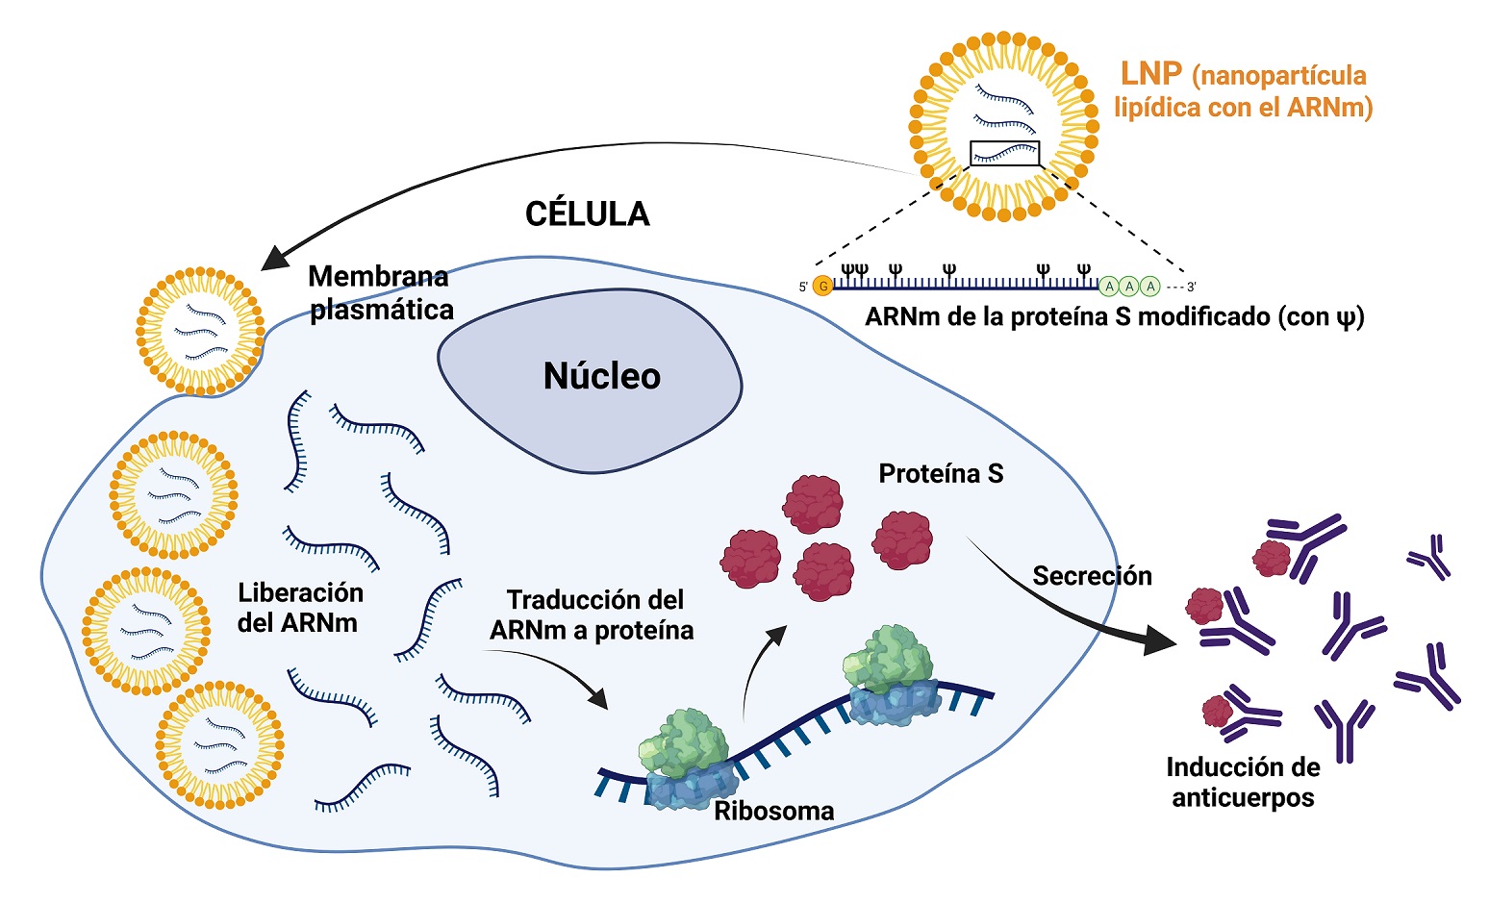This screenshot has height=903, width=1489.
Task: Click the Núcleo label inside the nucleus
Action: [x=602, y=376]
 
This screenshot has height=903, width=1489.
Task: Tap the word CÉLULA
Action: [x=587, y=213]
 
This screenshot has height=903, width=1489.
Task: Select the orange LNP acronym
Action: [x=1150, y=74]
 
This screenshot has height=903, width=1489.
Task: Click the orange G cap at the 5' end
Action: [x=822, y=286]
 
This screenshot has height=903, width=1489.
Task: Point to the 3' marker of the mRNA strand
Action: [x=1191, y=287]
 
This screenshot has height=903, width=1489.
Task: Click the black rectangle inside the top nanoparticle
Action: [x=1005, y=153]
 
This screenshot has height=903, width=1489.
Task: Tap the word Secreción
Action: [x=1092, y=576]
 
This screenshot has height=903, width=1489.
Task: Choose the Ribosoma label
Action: [x=773, y=811]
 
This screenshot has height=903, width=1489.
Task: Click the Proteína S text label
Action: [x=941, y=473]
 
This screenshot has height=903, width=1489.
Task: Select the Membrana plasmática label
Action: [x=380, y=293]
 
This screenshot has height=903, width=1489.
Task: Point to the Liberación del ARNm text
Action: [x=299, y=608]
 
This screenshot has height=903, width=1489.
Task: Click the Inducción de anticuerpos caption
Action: [x=1243, y=782]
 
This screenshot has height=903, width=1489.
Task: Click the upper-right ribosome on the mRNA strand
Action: [x=890, y=673]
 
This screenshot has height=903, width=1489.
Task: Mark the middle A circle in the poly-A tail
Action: [x=1129, y=286]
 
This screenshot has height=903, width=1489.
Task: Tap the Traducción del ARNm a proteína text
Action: [x=593, y=615]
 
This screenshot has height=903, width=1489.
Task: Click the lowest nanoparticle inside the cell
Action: [x=219, y=744]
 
